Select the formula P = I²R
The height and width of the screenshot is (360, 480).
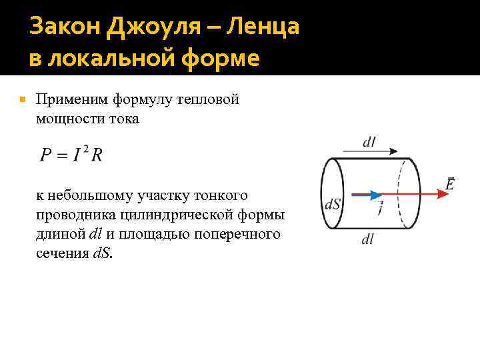click(71, 155)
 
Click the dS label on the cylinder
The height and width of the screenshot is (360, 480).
click(333, 204)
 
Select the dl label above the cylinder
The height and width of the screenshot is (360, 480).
click(369, 141)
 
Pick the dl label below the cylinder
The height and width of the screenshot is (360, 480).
click(367, 239)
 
